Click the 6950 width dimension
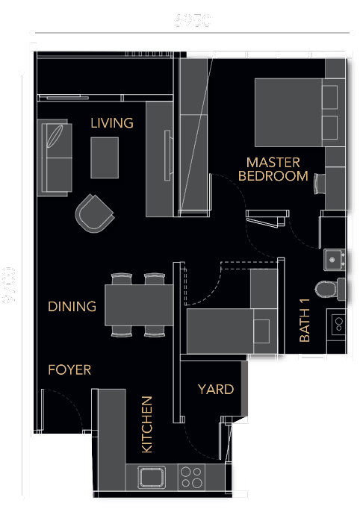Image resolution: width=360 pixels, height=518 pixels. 193,20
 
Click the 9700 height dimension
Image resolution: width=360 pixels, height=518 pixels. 9,285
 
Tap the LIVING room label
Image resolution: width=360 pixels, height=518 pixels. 112,123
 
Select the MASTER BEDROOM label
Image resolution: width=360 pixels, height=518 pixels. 273,169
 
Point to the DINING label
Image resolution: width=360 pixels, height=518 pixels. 72,307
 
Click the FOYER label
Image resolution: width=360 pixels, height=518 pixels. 69,370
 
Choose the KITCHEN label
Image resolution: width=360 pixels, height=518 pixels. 147,424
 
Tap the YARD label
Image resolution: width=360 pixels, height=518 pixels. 215,390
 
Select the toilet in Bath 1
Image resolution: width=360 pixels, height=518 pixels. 329,287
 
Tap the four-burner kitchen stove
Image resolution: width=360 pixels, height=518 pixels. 191,475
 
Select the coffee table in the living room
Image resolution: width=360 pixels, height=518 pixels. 105,158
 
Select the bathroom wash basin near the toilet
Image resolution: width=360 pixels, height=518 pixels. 334,259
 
